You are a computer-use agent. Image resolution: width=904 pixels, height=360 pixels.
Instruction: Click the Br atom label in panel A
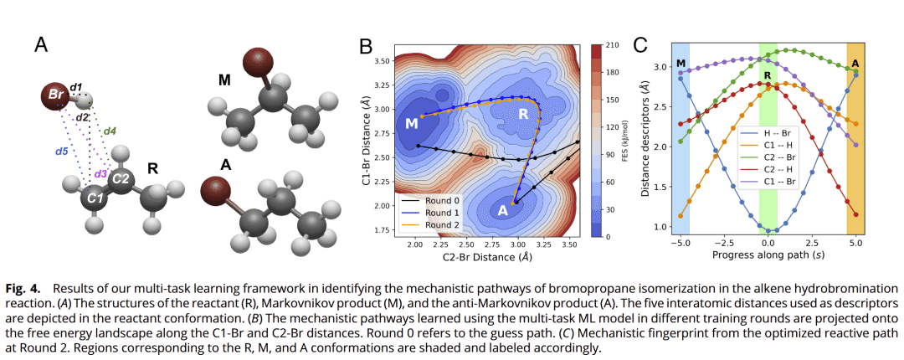point(56,95)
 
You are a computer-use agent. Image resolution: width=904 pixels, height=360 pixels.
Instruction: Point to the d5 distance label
point(61,152)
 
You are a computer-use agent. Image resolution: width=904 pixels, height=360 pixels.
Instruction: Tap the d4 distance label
point(110,130)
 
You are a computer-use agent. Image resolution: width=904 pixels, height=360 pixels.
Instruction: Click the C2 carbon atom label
point(121,177)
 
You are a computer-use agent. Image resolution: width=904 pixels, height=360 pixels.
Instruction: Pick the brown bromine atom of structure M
point(254,64)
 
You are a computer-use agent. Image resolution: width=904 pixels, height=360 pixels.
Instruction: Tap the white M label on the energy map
point(412,124)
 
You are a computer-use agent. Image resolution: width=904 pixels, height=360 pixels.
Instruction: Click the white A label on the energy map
point(503,211)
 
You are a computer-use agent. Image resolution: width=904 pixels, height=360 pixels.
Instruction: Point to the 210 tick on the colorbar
point(612,45)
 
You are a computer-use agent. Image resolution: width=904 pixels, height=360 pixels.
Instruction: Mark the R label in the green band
point(767,75)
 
